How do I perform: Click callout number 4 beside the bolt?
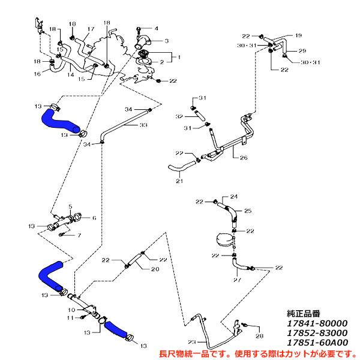(x=156, y=28)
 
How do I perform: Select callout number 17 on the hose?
(x=91, y=29)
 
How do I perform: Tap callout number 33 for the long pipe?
(x=143, y=125)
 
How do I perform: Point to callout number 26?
(x=244, y=158)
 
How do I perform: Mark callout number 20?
(x=155, y=269)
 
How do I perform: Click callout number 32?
(x=179, y=116)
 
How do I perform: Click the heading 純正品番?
(x=304, y=313)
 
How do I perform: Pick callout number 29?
(x=302, y=50)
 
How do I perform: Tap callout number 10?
(x=70, y=310)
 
